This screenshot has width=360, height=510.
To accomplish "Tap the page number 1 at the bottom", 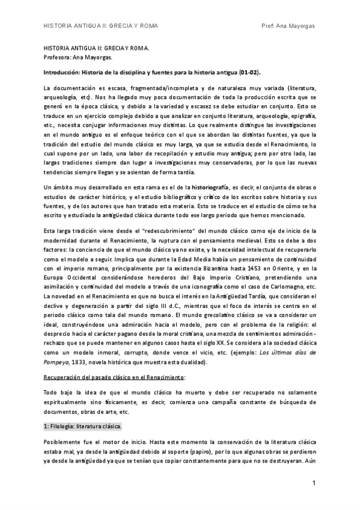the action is coord(314,484).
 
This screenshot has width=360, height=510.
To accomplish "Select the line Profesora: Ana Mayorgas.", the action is coord(78,58).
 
